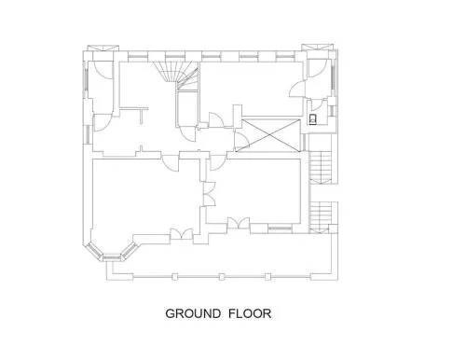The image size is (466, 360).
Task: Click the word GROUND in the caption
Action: point(193,313)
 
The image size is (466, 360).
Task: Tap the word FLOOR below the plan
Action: point(250,313)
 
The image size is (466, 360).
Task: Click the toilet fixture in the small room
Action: point(312,119)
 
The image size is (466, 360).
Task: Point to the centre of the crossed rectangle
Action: point(268,135)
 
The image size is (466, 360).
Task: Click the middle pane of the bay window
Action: point(112,257)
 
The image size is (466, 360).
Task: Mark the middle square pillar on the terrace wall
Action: point(222,277)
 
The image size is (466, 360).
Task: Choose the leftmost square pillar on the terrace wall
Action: point(175,277)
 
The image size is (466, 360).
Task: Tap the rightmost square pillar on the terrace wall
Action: point(267,277)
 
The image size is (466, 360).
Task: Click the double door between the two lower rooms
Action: point(209,194)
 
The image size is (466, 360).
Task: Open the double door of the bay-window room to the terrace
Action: point(182,234)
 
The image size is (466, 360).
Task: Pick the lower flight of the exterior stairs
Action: point(321,217)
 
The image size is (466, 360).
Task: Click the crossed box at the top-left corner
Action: point(103,48)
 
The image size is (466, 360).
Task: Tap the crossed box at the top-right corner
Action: point(317,47)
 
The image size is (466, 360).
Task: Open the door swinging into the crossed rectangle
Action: point(241,140)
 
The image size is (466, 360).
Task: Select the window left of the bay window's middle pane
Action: point(93,251)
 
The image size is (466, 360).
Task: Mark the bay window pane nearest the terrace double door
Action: point(129,251)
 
